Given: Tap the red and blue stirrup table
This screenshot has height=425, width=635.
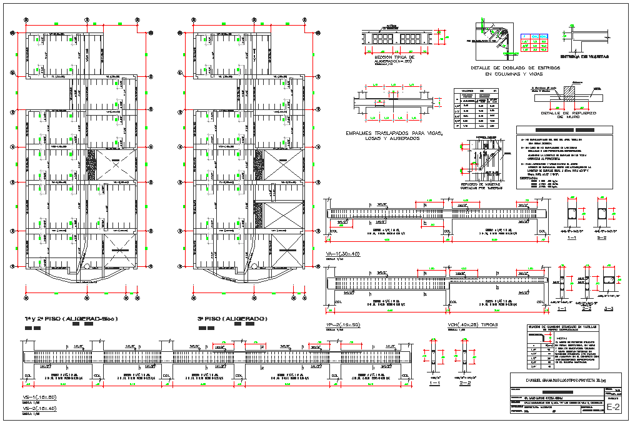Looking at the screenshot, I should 535,42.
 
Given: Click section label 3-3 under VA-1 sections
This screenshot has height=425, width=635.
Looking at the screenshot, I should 609,308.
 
